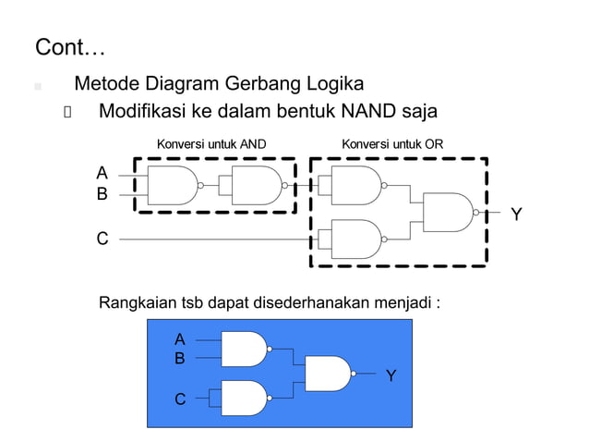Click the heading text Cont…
click(x=69, y=46)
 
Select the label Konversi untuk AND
click(x=211, y=144)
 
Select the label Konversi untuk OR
click(x=392, y=144)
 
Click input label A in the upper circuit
click(x=102, y=173)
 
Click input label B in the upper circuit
click(x=102, y=195)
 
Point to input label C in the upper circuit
click(x=102, y=239)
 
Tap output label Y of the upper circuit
click(x=517, y=215)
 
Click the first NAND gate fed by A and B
click(x=173, y=185)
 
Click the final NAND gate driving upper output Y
click(x=448, y=212)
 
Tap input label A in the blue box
click(x=180, y=339)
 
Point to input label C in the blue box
click(x=180, y=399)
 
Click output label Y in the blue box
click(x=391, y=375)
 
